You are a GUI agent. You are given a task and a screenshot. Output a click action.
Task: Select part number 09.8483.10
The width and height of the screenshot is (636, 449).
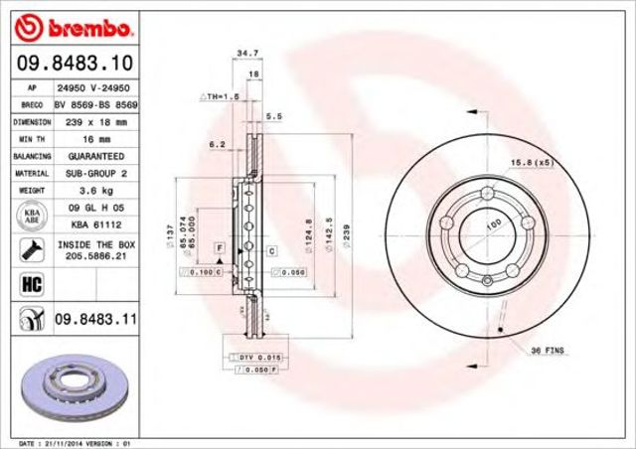73,65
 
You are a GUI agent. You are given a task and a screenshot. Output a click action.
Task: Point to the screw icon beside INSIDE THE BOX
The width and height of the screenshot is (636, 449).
29,248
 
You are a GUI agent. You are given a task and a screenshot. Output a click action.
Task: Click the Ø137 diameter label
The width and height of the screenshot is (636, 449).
170,236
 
